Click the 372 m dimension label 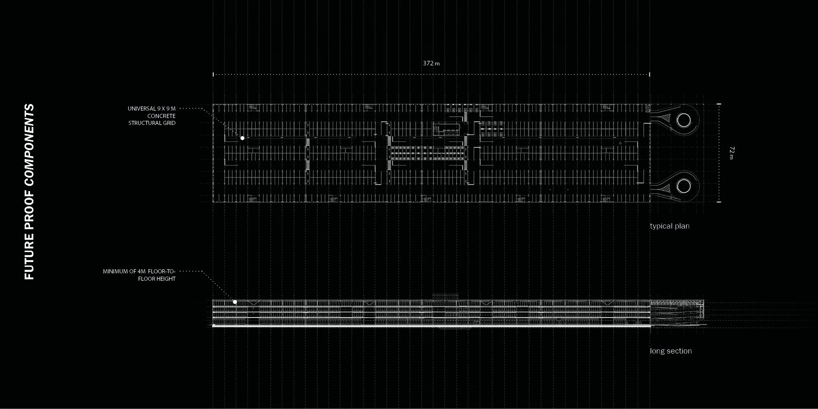click(x=431, y=63)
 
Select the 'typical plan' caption click(x=670, y=226)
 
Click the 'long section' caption click(x=671, y=351)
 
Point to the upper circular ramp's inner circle click(x=684, y=120)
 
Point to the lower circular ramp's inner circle click(x=684, y=186)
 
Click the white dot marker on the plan click(x=243, y=138)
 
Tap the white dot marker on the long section click(x=235, y=302)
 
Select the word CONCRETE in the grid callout click(x=161, y=116)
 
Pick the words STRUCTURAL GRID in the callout click(x=152, y=123)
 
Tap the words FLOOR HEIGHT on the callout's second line click(x=157, y=279)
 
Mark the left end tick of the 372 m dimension click(x=213, y=74)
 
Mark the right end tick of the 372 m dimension click(x=649, y=74)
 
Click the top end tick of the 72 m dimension click(x=719, y=104)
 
